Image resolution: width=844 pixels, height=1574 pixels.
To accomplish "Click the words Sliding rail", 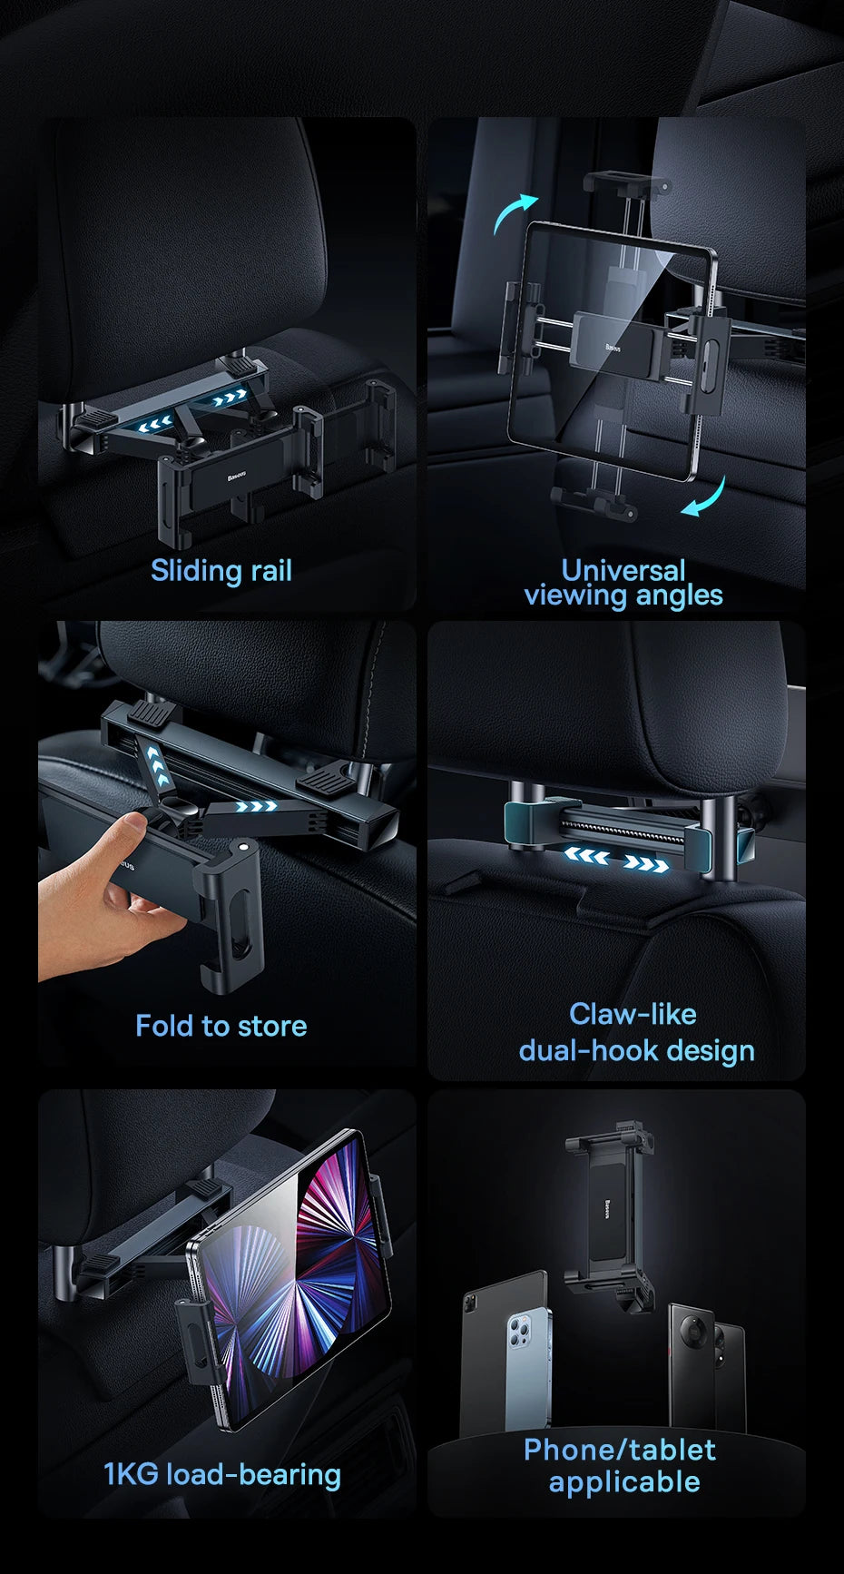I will coord(221,571).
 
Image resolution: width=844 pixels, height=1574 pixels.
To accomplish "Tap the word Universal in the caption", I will coord(623,570).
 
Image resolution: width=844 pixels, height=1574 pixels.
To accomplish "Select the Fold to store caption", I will coord(221,1026).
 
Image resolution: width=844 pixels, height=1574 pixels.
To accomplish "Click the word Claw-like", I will coord(633,1014).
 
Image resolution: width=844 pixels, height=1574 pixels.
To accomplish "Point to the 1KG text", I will coord(131,1474).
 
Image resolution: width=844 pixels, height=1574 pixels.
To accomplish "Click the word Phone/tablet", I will coord(620,1450).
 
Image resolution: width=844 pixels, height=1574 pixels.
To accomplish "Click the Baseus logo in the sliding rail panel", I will coord(239,474).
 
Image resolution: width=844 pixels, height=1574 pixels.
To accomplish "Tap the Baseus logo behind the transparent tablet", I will coord(613,347).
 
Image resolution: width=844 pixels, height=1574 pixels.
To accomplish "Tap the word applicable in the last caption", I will coord(624,1482).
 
